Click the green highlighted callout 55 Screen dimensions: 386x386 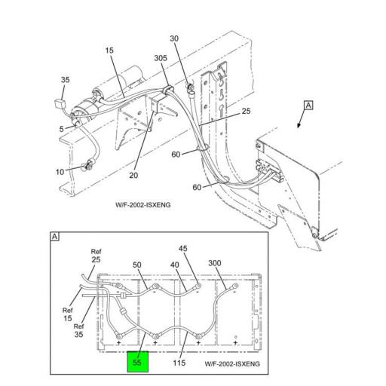click(137, 362)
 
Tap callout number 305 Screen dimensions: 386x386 click(161, 58)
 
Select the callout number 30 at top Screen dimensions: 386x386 click(174, 38)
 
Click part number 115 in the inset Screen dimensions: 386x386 click(179, 363)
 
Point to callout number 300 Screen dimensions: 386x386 click(215, 263)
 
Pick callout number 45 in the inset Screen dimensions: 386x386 click(183, 248)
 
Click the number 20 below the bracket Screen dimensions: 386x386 click(133, 175)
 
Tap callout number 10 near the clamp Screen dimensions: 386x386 click(60, 172)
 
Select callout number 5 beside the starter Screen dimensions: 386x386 click(62, 129)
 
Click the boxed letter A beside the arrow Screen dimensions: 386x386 click(308, 106)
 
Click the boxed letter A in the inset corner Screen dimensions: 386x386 click(55, 237)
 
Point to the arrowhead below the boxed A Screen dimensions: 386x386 click(299, 126)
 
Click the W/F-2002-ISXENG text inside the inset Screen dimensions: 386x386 click(232, 363)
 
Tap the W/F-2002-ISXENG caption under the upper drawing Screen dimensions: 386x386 click(142, 205)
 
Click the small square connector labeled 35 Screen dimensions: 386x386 click(59, 103)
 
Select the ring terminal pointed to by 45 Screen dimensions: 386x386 click(198, 286)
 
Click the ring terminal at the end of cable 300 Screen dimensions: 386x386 click(235, 286)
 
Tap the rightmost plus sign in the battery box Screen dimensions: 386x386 click(235, 342)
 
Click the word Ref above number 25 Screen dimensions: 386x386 click(96, 251)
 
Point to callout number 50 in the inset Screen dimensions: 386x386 click(137, 265)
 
